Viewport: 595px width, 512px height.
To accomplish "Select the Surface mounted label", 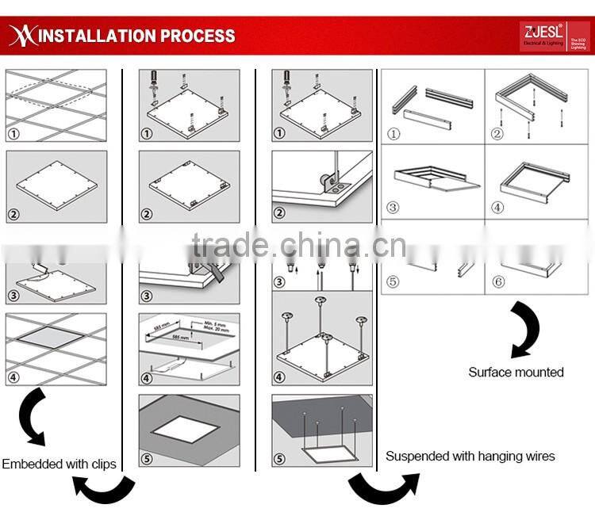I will [x=516, y=372].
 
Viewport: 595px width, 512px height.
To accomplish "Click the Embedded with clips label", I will [x=59, y=464].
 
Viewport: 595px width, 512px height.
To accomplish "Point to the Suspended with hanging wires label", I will [x=470, y=456].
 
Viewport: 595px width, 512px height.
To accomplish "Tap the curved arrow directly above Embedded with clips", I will [x=31, y=415].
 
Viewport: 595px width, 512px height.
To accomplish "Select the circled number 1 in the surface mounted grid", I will [x=394, y=134].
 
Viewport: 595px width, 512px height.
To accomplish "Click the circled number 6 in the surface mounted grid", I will [x=498, y=281].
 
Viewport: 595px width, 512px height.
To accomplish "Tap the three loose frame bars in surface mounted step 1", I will [x=432, y=103].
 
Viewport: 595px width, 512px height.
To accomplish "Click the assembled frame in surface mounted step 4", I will [x=535, y=180].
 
